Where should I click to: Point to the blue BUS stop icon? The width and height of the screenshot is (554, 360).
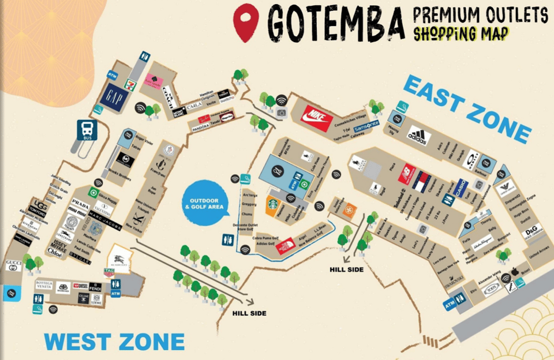coord(87,131)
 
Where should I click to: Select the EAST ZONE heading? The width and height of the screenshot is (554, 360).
coord(466,109)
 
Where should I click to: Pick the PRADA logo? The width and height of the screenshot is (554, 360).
coord(81,205)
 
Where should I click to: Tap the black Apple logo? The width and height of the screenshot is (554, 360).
coord(515,271)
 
